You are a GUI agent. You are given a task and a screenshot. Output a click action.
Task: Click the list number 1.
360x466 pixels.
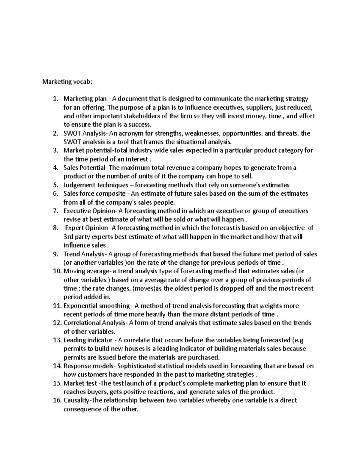point(55,99)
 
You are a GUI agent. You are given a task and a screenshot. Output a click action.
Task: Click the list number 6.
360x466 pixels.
point(55,194)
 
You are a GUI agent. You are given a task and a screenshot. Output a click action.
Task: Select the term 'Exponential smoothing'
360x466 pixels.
point(96,306)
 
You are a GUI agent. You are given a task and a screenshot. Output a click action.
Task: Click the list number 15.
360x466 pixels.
point(56,383)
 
